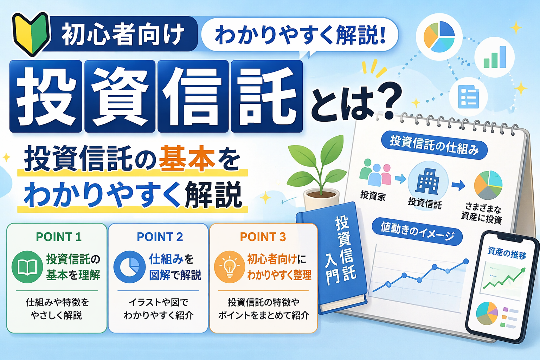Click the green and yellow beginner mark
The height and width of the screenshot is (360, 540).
(31, 34)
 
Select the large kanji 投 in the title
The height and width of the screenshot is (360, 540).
(46, 96)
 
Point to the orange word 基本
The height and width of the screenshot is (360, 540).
(187, 160)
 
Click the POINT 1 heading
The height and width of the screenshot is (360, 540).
(59, 237)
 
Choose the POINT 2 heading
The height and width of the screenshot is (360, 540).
(160, 237)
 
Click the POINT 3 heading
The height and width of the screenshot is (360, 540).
(263, 237)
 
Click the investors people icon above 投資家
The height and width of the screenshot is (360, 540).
(375, 173)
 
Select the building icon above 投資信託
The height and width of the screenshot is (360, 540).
(427, 181)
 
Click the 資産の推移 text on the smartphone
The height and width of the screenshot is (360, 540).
(507, 252)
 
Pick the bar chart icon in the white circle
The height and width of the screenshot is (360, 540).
(495, 57)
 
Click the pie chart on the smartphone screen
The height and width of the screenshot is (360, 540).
(487, 313)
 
